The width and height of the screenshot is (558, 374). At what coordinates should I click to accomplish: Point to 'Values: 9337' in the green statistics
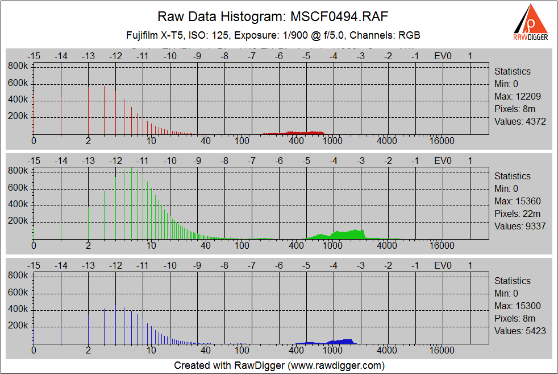[x=520, y=226]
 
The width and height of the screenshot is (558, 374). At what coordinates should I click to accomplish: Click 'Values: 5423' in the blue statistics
[x=520, y=331]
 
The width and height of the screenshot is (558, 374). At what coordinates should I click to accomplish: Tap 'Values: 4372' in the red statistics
[x=520, y=121]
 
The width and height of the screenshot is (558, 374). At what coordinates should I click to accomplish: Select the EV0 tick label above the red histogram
[x=443, y=56]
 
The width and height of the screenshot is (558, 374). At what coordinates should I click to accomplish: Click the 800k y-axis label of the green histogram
[x=18, y=170]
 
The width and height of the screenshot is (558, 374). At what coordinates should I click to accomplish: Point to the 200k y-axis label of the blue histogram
[x=18, y=326]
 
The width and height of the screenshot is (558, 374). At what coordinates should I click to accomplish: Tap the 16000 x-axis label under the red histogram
[x=442, y=141]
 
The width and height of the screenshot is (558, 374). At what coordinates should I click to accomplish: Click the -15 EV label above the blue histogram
[x=34, y=265]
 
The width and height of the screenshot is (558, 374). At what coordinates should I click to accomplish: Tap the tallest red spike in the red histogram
[x=124, y=117]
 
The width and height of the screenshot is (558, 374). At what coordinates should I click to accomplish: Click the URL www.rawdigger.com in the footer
[x=336, y=365]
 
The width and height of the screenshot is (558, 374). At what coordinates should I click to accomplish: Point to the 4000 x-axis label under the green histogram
[x=387, y=245]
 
